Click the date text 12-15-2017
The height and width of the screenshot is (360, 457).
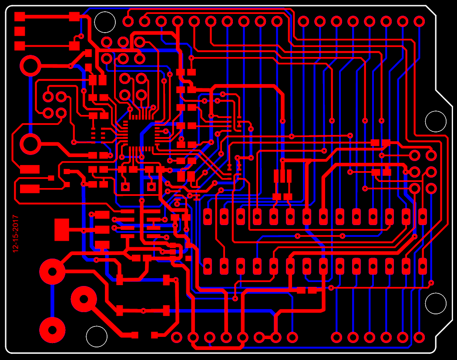tap(16, 234)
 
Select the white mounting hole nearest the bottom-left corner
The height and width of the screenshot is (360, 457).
tap(97, 336)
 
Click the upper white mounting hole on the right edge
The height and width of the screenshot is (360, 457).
tap(436, 121)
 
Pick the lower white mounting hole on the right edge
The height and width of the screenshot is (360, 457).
tap(436, 303)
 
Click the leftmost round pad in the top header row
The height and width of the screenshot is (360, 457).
tap(128, 21)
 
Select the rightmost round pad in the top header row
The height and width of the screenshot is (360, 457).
tap(419, 21)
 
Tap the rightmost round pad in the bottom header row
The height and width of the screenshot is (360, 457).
tap(419, 337)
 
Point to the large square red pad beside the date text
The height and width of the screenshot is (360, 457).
tap(62, 229)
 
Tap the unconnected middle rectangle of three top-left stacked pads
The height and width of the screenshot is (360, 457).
tap(20, 31)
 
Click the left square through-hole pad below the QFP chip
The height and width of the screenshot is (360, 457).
tap(125, 187)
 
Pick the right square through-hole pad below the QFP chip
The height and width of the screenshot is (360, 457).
tap(151, 187)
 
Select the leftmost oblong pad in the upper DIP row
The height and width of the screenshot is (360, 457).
tap(208, 216)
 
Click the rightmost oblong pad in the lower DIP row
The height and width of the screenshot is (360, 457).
tap(422, 266)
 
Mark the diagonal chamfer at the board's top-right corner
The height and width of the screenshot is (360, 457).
tap(431, 12)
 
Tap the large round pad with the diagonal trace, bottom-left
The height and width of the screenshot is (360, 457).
tap(84, 299)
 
